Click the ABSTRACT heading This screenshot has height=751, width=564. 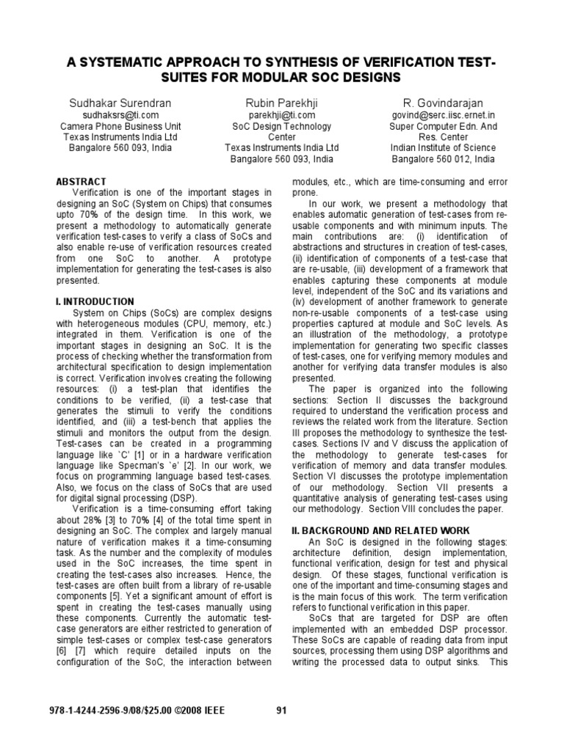click(x=82, y=181)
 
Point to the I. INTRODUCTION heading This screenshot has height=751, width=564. click(x=95, y=301)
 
